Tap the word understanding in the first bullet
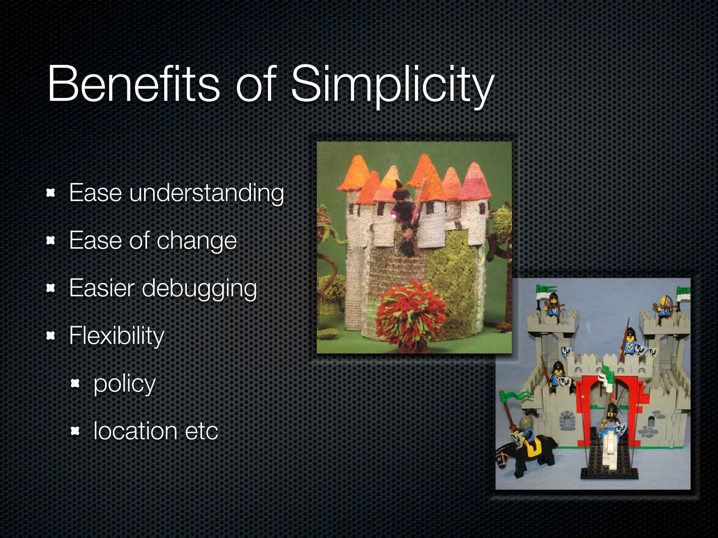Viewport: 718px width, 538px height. [206, 193]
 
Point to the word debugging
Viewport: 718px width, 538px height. [199, 289]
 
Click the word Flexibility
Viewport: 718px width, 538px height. [116, 336]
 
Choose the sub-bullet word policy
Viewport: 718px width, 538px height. [124, 383]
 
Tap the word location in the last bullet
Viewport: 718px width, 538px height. [134, 431]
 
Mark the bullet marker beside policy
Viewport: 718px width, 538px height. [75, 384]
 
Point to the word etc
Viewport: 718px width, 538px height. [201, 431]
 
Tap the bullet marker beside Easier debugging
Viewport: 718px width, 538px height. [51, 289]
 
